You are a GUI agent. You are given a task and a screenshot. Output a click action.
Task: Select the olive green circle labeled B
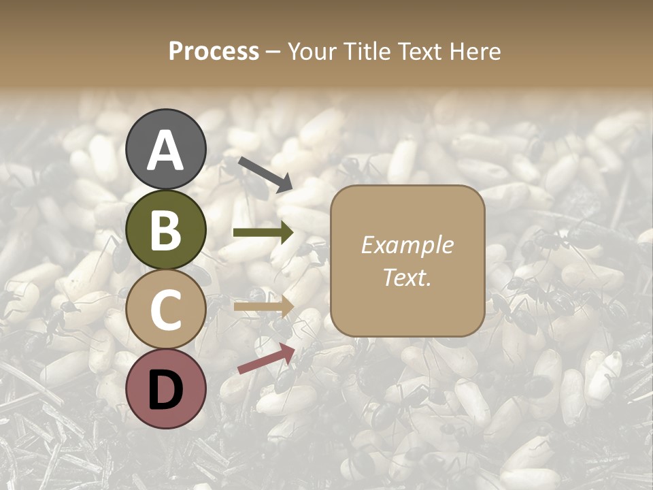click(x=166, y=231)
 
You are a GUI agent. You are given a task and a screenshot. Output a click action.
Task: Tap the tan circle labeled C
click(x=166, y=310)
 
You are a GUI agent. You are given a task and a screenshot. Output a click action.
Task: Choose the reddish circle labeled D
click(x=166, y=389)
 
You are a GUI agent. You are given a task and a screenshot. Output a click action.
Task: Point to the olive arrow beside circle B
click(x=263, y=233)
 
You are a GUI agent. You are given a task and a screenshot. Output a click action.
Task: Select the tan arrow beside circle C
click(x=263, y=306)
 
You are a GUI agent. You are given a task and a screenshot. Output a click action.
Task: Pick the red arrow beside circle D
click(x=266, y=359)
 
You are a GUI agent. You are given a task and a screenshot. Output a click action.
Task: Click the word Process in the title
click(x=214, y=51)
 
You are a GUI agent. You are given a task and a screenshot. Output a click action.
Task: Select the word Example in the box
click(x=407, y=245)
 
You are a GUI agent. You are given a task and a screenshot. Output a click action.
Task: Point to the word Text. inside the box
click(x=407, y=277)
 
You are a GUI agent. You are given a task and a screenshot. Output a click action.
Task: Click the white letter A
click(x=166, y=150)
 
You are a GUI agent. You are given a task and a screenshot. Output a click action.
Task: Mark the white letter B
click(x=166, y=231)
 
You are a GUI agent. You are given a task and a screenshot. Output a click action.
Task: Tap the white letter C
click(x=166, y=310)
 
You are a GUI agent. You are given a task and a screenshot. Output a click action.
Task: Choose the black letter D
click(x=166, y=389)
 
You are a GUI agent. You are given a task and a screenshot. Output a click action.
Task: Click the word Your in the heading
click(x=312, y=51)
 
